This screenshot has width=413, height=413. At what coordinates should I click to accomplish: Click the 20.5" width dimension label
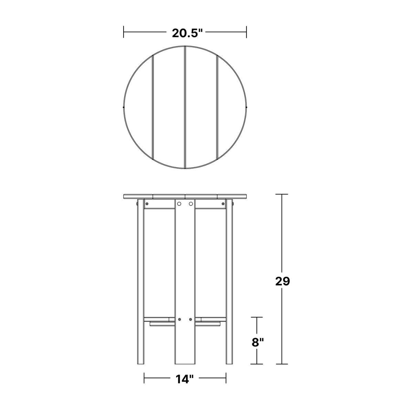tap(187, 33)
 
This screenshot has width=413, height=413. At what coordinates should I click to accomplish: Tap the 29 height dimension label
tap(283, 282)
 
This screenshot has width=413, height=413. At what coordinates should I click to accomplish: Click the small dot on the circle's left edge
tap(124, 107)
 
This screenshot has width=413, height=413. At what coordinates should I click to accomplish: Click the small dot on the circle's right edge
tap(247, 107)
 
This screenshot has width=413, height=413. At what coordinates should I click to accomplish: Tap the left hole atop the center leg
tap(179, 204)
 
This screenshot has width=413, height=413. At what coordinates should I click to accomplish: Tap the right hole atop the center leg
tap(191, 204)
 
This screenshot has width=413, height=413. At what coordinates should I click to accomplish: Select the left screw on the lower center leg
tap(179, 326)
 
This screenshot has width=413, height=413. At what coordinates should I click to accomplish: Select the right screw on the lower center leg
tap(191, 326)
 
